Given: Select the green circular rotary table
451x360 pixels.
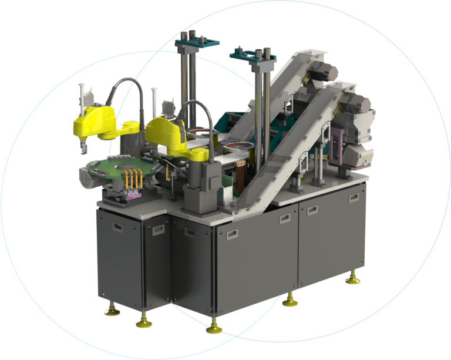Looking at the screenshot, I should [x=117, y=167].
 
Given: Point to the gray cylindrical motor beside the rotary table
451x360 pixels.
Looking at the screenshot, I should [x=89, y=176].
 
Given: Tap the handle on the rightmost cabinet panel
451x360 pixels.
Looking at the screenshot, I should [x=354, y=198].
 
